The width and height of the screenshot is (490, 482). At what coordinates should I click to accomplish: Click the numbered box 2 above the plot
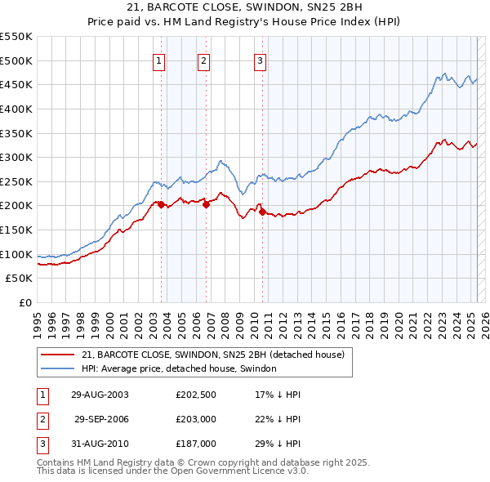[203, 60]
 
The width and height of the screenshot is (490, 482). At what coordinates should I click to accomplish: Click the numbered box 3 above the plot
[260, 60]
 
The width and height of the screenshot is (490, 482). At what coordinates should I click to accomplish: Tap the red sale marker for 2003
[161, 204]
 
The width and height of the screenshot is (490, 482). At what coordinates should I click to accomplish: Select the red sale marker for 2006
[206, 204]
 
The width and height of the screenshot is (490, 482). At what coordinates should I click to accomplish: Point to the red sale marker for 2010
[262, 212]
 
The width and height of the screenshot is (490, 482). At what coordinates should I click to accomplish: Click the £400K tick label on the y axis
[16, 109]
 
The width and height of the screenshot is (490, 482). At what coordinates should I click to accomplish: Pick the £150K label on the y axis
[16, 230]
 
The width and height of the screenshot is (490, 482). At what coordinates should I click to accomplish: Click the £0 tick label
[24, 302]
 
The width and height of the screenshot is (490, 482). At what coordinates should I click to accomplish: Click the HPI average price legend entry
[179, 369]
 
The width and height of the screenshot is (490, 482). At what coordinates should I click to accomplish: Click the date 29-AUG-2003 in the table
[100, 395]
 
